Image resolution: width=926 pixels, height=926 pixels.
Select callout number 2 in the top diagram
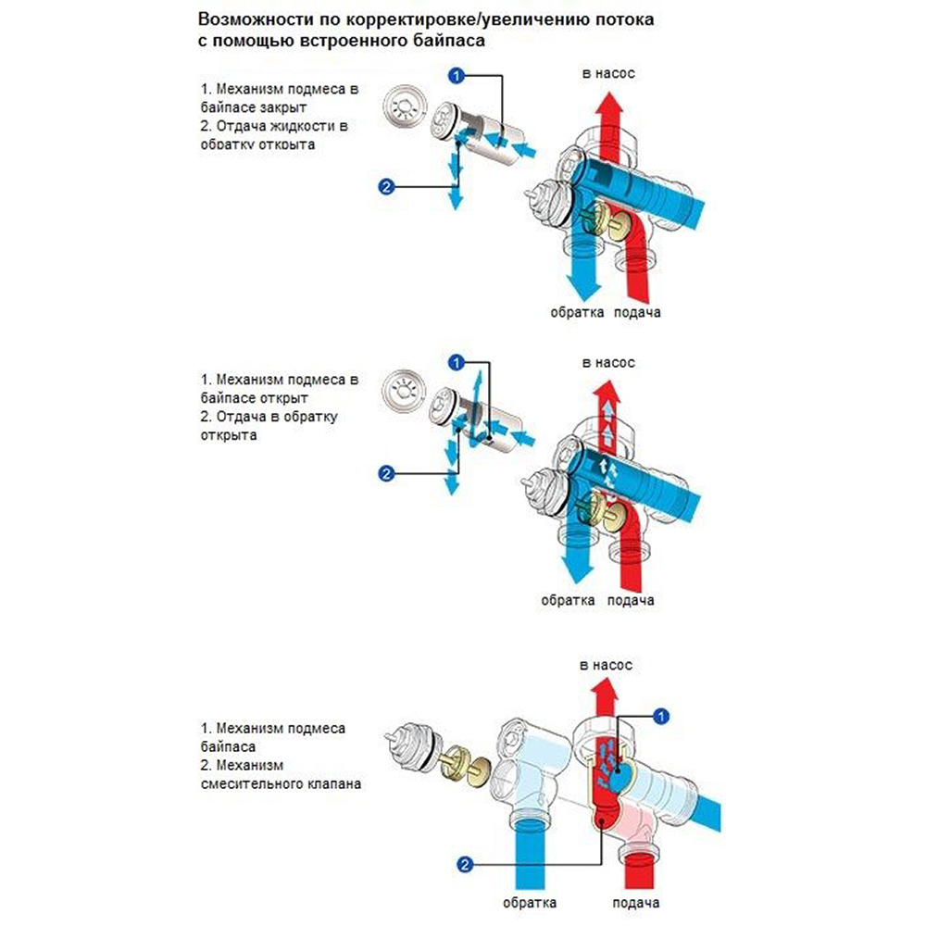387,187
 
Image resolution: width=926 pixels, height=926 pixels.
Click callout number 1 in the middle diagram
455,359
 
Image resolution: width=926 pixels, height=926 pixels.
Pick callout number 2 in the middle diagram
387,474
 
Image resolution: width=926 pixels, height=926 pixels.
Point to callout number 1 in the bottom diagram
661,715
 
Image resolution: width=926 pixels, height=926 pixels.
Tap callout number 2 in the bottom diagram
467,865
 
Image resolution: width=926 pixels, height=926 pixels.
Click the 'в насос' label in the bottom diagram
606,665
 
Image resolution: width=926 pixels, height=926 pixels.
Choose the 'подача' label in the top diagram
637,313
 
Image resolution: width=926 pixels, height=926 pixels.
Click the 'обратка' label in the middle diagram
568,600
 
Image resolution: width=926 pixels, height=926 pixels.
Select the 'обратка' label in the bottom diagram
530,903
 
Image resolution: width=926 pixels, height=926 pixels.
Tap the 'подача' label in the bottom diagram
636,903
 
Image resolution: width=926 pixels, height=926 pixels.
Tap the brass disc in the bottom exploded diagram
455,765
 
